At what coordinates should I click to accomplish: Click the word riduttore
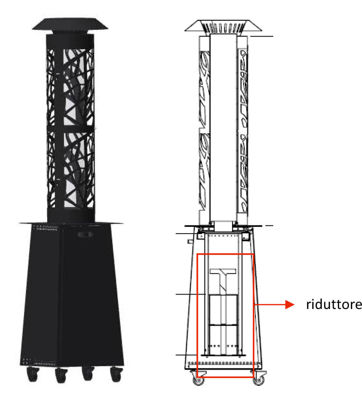(334, 304)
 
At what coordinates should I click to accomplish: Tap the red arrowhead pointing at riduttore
(290, 305)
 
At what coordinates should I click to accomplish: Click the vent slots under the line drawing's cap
(224, 27)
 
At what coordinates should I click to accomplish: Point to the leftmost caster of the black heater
(33, 374)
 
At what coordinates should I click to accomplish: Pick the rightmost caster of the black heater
(117, 374)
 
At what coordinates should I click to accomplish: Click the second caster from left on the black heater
(61, 375)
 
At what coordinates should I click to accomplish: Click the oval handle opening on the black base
(85, 234)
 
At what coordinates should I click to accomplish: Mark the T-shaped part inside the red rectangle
(223, 281)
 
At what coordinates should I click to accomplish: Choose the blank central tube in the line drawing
(224, 128)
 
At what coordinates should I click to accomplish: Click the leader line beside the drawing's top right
(262, 36)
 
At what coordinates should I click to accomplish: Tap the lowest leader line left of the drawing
(186, 355)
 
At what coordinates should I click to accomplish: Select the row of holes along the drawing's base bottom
(224, 363)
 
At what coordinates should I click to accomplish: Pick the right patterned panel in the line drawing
(242, 130)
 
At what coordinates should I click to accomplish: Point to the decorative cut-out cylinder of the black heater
(71, 128)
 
